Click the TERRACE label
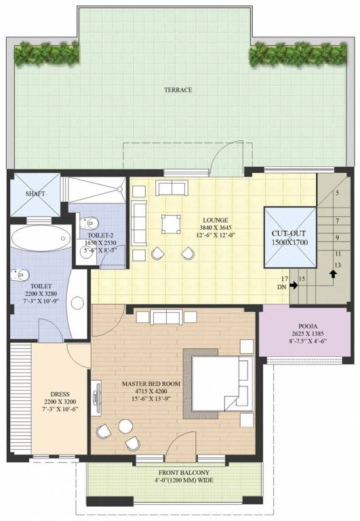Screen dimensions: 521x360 (x=178, y=90)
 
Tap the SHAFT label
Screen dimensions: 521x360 (x=35, y=194)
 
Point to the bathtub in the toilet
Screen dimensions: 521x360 (x=40, y=239)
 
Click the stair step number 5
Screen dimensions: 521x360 (x=336, y=193)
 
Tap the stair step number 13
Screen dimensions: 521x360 (x=337, y=265)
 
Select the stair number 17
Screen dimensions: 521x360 (x=285, y=279)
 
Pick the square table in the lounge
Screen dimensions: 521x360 (x=171, y=224)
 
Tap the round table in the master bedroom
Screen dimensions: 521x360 (x=125, y=426)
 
